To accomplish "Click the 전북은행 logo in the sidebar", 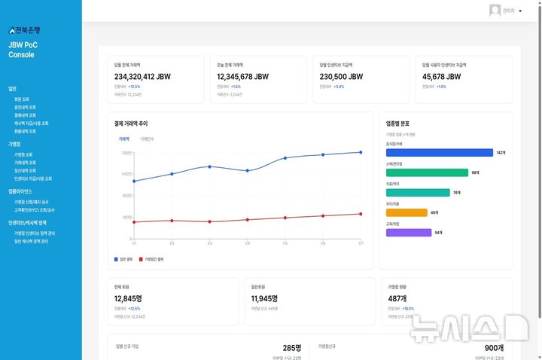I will (24, 30).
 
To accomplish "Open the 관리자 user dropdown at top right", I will (506, 11).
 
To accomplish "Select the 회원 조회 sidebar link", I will (22, 99).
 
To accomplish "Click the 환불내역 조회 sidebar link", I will (26, 131).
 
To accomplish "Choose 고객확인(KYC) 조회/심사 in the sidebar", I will (34, 209).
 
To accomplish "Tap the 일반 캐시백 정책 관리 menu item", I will (31, 241).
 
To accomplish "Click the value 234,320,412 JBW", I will (145, 77).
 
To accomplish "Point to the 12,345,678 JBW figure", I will (243, 77).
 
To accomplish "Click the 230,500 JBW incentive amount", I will (341, 77).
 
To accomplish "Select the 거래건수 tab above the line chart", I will (148, 139).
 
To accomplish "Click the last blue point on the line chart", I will (361, 152).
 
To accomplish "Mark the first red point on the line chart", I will (134, 222).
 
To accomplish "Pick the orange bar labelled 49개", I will (406, 213).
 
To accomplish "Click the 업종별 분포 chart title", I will (397, 123).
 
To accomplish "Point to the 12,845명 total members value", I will (128, 298).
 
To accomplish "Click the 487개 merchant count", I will (398, 298).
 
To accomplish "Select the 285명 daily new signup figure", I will (292, 348).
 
